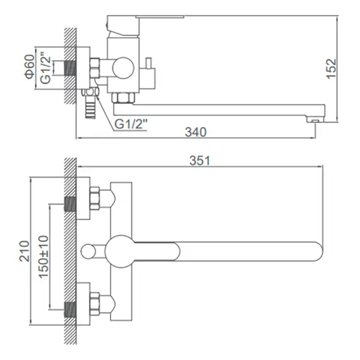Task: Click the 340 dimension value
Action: pos(197,131)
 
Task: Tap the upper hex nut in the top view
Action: pos(96,199)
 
